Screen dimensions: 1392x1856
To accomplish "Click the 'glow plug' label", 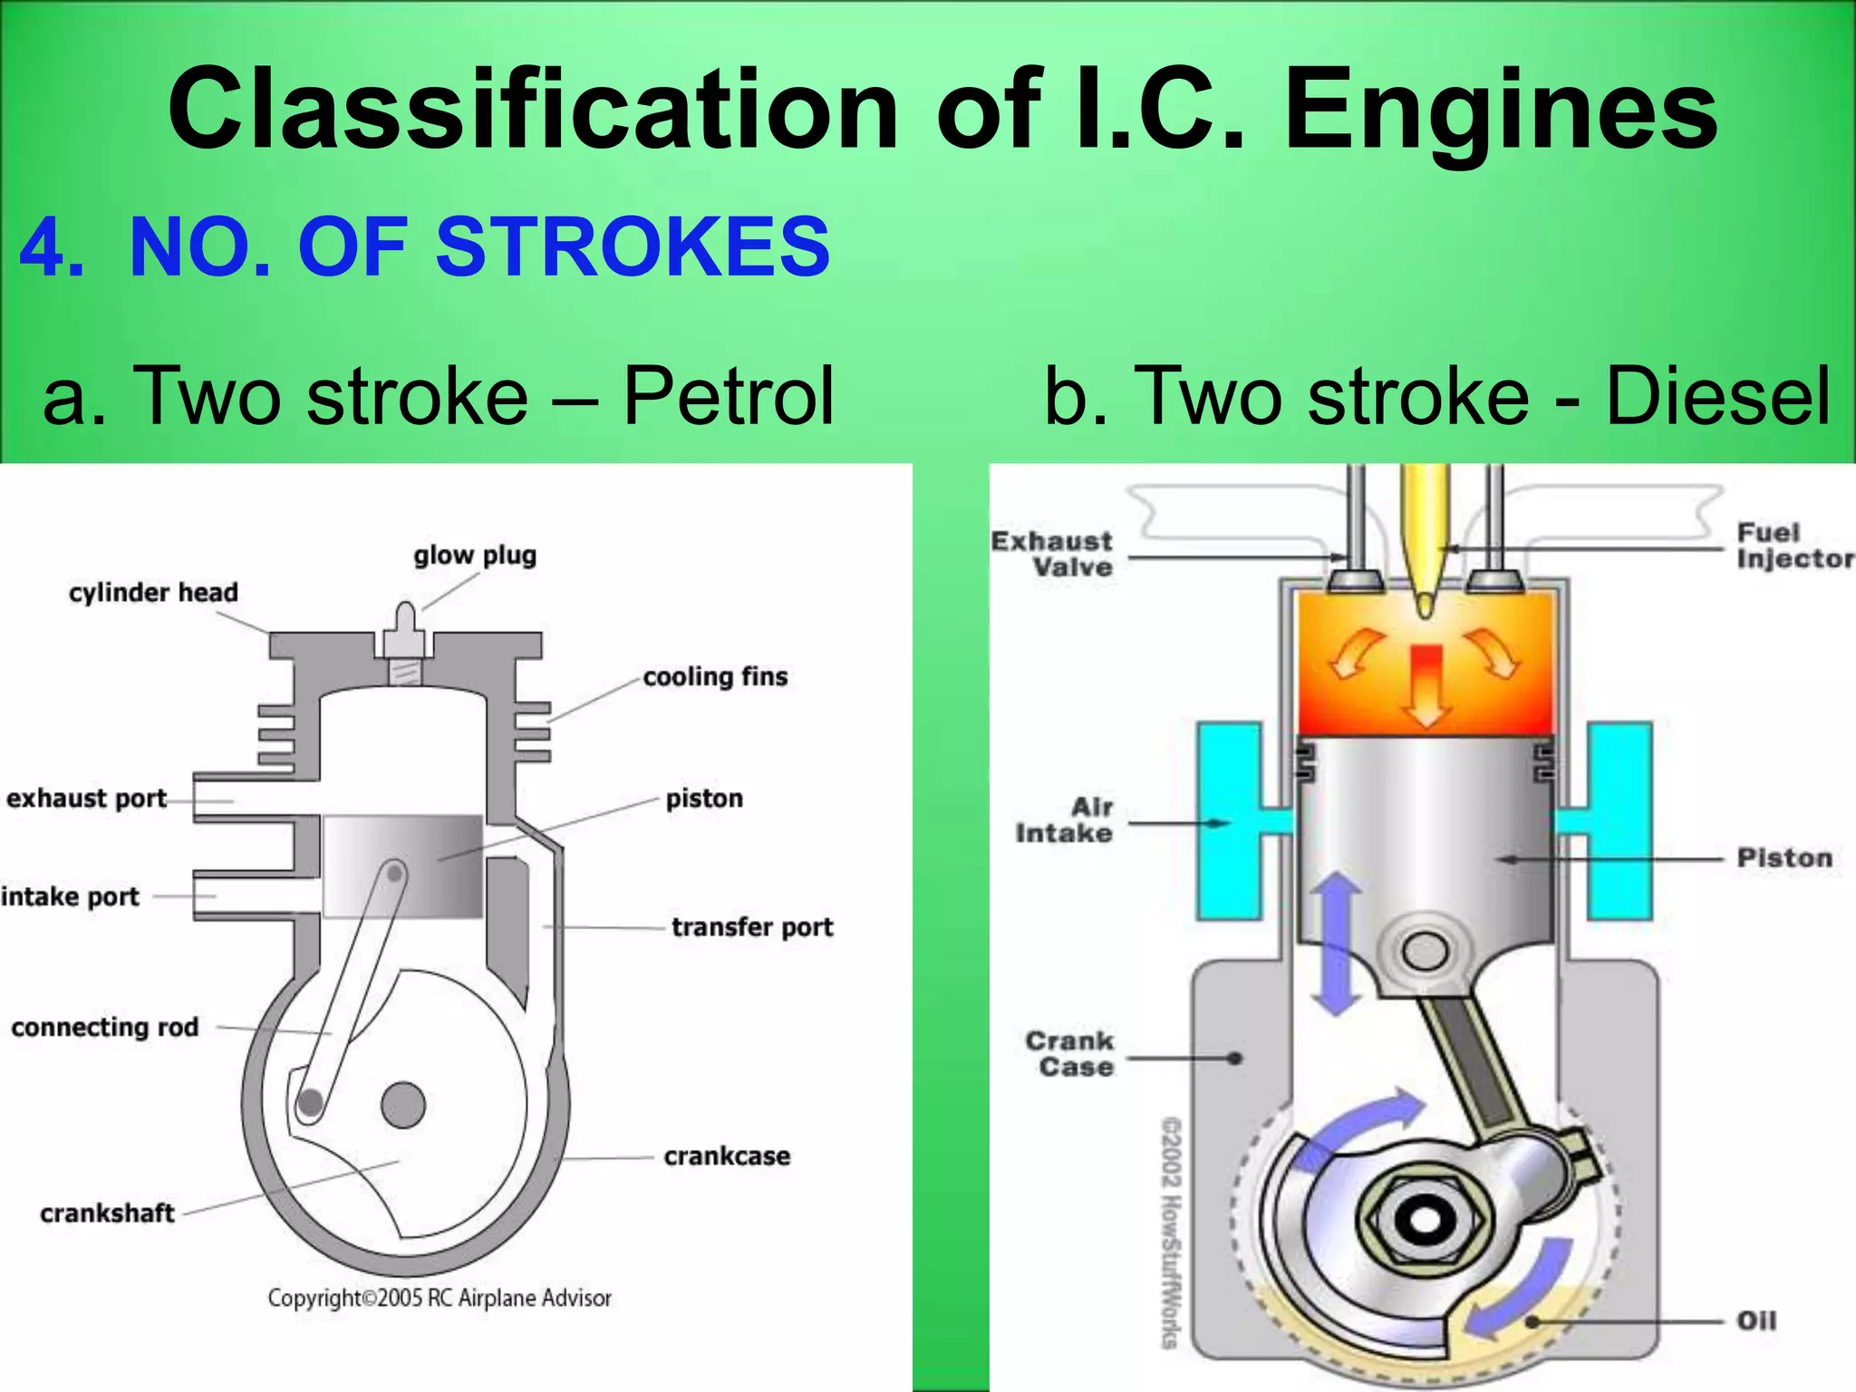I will pos(475,555).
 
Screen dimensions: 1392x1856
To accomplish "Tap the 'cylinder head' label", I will pos(153,593).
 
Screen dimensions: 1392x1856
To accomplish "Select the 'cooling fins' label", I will pos(715,677).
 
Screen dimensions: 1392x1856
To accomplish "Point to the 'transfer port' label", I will pos(752,927).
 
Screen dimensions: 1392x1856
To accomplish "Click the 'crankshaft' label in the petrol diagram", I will pos(107,1213).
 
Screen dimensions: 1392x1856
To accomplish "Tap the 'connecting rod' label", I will pos(105,1027).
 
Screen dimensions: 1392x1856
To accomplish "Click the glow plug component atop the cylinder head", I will pos(402,635).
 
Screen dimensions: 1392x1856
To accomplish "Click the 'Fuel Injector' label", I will pos(1793,546).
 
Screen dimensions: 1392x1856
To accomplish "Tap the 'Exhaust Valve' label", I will pos(1052,554).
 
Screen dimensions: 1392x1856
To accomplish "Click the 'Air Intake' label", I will pos(1065,820).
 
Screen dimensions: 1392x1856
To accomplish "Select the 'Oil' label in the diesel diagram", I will pos(1756,1320).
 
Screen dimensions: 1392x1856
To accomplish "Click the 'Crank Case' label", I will pos(1070,1054).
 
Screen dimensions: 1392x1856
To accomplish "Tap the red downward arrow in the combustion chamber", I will pos(1426,684).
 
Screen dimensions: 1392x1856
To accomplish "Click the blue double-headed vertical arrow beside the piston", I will pos(1336,943).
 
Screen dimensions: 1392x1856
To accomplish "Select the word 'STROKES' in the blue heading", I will pos(633,247).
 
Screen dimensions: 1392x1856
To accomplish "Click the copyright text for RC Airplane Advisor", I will pos(440,1298).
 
